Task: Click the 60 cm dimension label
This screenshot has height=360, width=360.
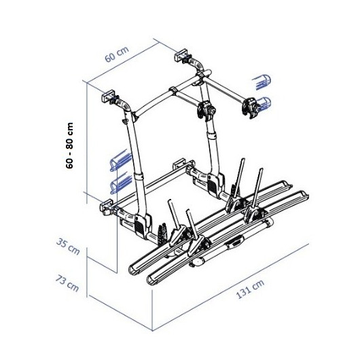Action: click(117, 54)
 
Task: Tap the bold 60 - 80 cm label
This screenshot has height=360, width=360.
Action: click(69, 145)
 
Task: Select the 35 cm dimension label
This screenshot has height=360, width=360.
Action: click(68, 247)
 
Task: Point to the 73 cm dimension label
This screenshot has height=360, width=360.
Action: click(67, 283)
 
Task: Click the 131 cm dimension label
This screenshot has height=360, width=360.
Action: click(250, 289)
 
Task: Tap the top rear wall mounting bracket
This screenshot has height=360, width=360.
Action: click(181, 55)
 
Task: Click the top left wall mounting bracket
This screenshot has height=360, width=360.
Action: click(109, 96)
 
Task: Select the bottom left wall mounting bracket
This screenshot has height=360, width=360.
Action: click(106, 207)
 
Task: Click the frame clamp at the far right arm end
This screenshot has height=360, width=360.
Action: click(251, 108)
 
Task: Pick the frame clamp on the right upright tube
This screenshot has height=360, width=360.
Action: click(206, 111)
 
